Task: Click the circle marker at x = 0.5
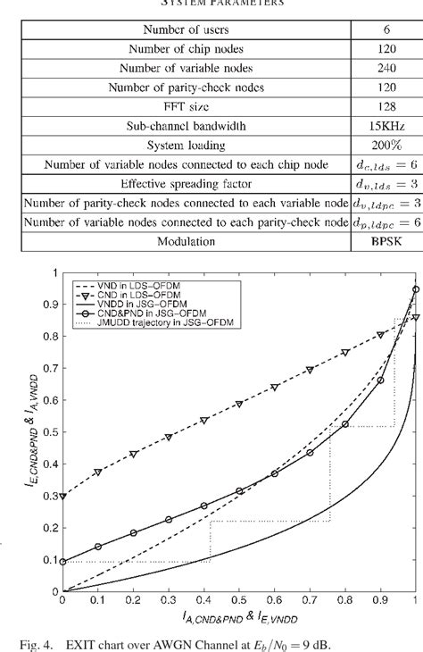point(239,491)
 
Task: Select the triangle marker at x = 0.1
point(97,472)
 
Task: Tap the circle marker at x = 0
point(62,562)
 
